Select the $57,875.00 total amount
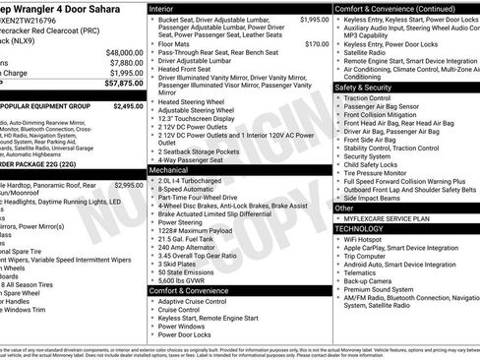click(x=122, y=85)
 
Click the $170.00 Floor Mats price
click(x=317, y=44)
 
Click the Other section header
click(x=343, y=209)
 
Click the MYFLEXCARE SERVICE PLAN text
click(x=388, y=218)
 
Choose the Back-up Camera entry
click(x=371, y=280)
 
